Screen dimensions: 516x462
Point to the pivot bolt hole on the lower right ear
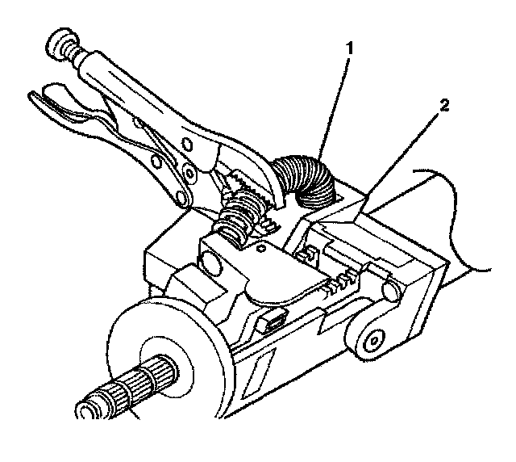pos(372,340)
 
